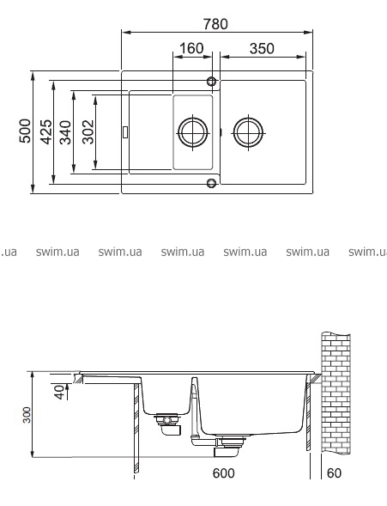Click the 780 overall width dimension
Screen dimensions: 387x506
pyautogui.click(x=215, y=24)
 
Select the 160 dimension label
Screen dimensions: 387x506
pyautogui.click(x=191, y=48)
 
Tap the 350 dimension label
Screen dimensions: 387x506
pyautogui.click(x=262, y=48)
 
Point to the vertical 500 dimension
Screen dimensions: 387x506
pyautogui.click(x=25, y=131)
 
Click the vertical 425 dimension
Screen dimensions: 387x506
pyautogui.click(x=45, y=131)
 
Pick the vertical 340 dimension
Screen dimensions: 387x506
pyautogui.click(x=66, y=132)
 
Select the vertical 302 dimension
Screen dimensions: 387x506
pyautogui.click(x=88, y=132)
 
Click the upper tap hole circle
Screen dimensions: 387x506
pyautogui.click(x=211, y=82)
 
